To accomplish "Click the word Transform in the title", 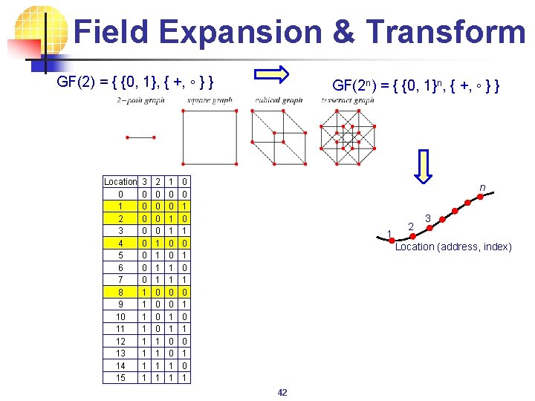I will coord(445,32).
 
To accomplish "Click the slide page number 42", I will coord(282,392).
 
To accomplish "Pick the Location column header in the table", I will coord(120,181).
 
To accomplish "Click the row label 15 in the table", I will coord(120,377).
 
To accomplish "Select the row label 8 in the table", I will coord(120,293).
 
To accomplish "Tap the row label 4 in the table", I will coord(120,243).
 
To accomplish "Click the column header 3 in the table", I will coord(144,181).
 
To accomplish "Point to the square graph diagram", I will coord(210,137).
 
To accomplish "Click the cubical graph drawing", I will coord(279,137).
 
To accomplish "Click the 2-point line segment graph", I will coord(140,137).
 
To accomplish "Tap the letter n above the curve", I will coord(482,188).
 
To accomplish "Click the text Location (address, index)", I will coord(453,247).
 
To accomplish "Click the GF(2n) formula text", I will coord(415,87).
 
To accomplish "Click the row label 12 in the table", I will coord(120,341).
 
